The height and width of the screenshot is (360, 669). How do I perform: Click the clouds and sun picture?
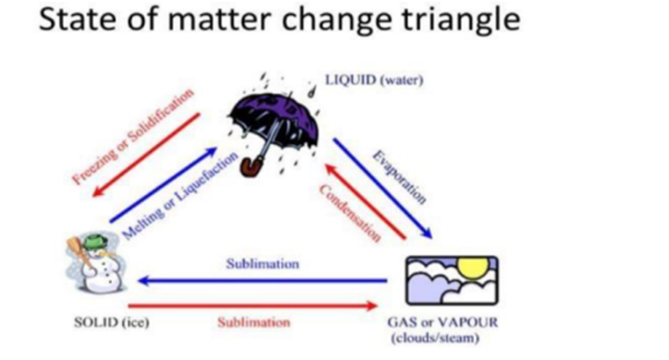click(450, 281)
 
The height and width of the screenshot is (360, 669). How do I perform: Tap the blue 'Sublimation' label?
click(263, 263)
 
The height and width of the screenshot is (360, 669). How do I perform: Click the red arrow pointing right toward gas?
click(263, 306)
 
